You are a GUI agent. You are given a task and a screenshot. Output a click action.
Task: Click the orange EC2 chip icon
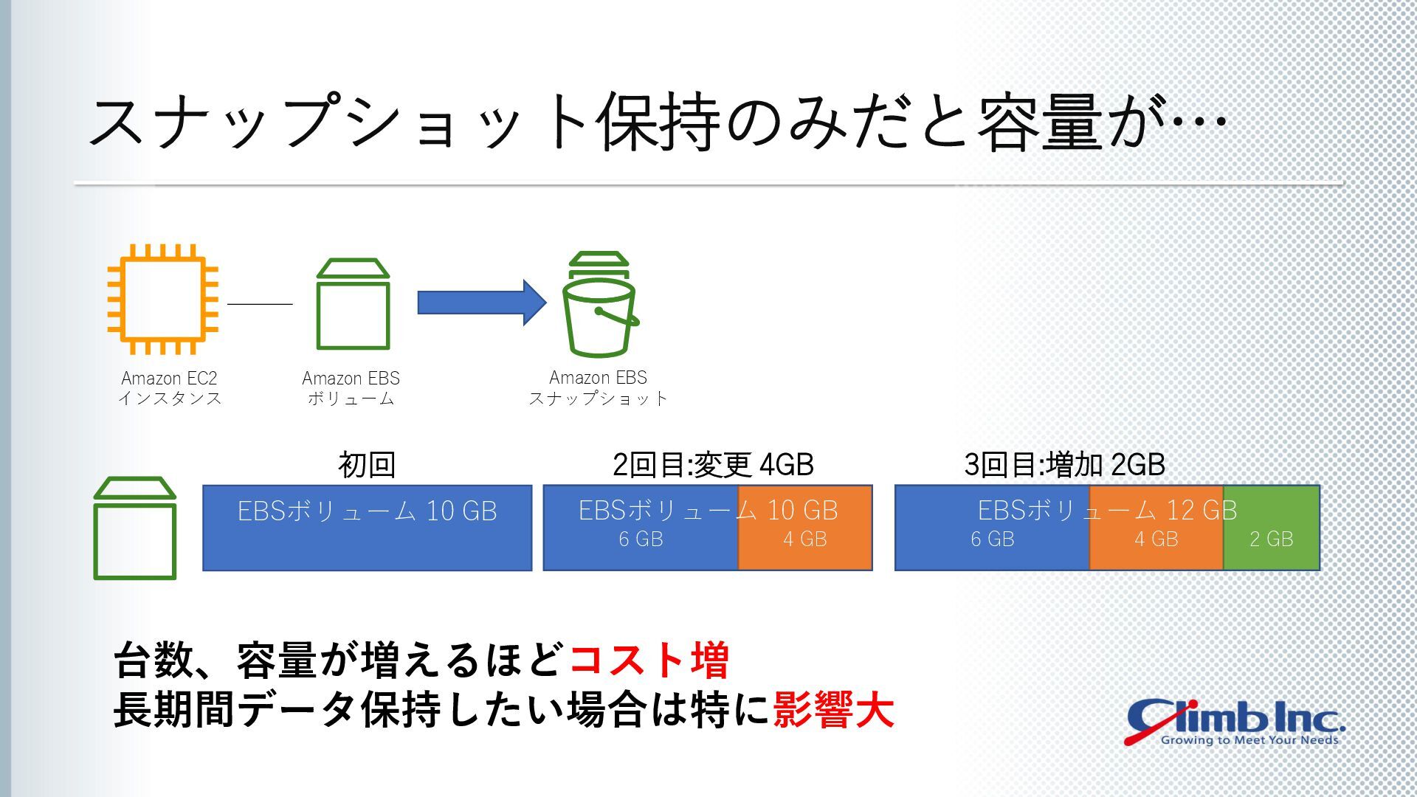[x=163, y=300]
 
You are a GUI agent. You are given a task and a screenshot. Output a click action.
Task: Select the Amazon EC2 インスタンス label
[x=170, y=388]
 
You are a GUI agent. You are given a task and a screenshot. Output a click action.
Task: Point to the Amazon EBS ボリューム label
[x=351, y=388]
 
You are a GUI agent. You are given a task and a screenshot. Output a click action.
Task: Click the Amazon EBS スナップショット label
[x=599, y=388]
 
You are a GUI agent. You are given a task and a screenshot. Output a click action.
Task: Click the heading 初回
[x=367, y=465]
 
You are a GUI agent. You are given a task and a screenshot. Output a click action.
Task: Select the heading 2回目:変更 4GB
[x=713, y=465]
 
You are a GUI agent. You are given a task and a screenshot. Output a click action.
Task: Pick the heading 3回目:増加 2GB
[x=1064, y=465]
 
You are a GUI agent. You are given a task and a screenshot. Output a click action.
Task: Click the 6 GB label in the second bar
[x=641, y=539]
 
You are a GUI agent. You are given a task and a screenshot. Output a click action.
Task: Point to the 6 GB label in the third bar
[x=993, y=539]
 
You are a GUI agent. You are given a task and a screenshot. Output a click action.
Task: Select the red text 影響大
[x=833, y=710]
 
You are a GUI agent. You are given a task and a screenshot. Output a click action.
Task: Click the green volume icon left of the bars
[x=134, y=528]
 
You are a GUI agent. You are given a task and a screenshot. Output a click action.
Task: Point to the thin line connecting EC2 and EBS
[x=260, y=303]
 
